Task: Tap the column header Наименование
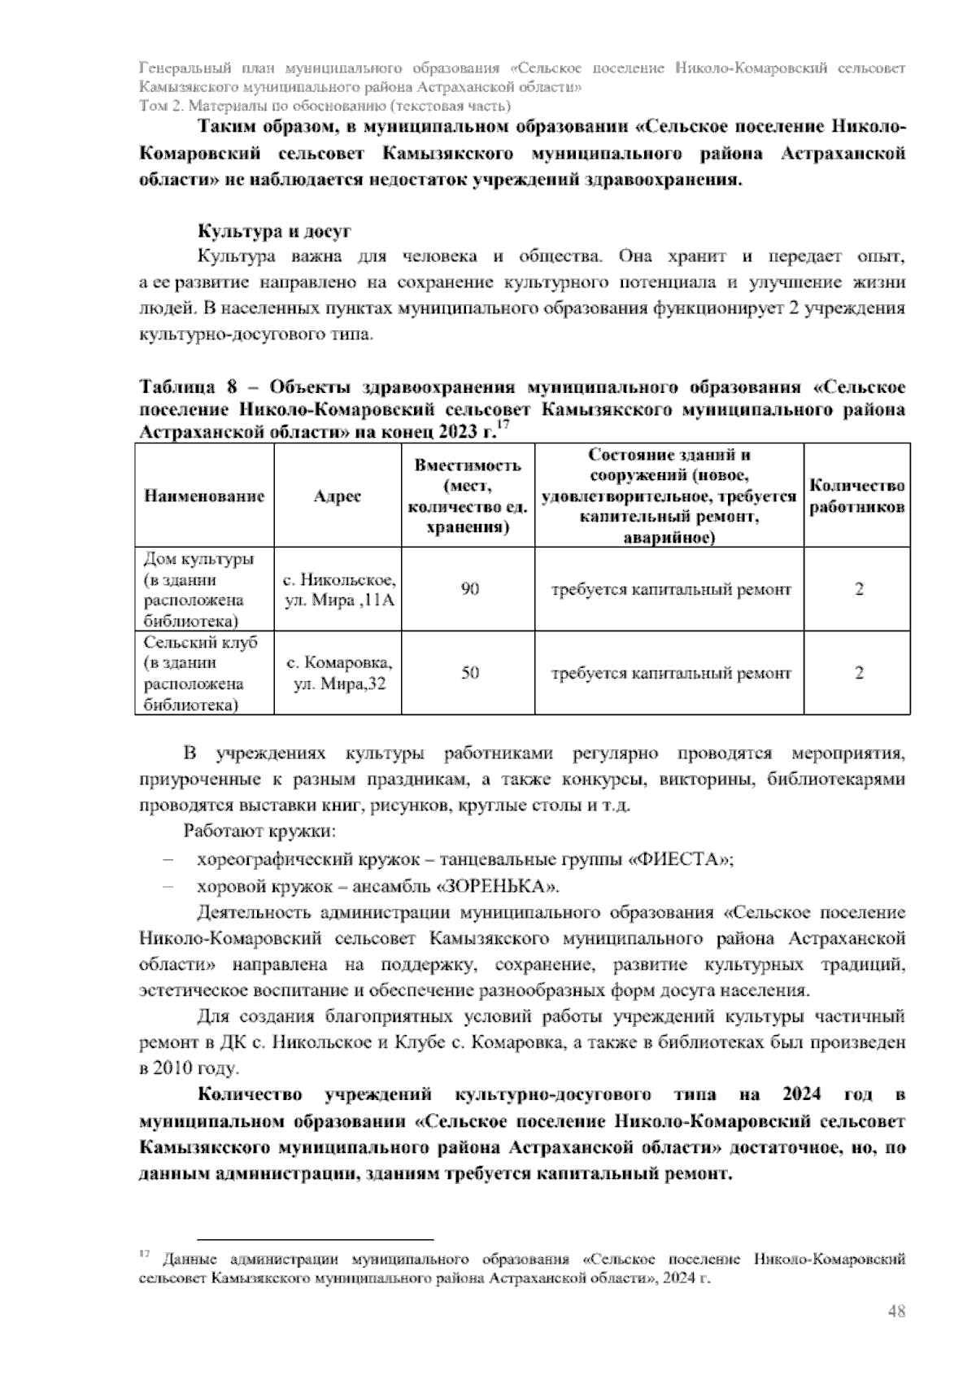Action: coord(204,496)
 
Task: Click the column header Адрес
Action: coord(338,496)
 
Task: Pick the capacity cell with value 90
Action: coord(469,588)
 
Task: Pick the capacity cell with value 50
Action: coord(469,673)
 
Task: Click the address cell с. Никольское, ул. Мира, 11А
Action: coord(338,590)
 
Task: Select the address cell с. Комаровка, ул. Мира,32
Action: coord(338,673)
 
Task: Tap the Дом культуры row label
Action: coord(198,560)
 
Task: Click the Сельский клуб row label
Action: coord(200,643)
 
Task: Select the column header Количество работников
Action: coord(857,496)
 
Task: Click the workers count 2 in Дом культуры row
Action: coord(858,588)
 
